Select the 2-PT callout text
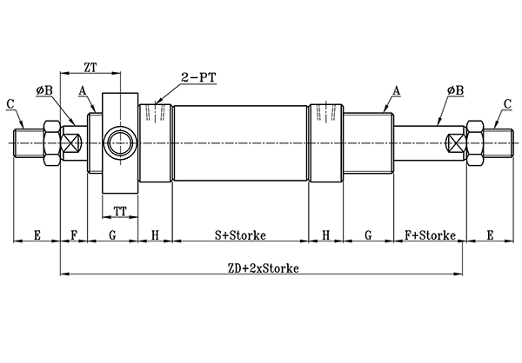(197, 77)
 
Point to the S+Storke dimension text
(240, 235)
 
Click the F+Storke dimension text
(429, 235)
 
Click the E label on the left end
(37, 235)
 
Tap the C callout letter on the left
(10, 104)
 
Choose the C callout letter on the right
(507, 104)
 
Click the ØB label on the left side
(45, 89)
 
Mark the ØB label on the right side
(454, 89)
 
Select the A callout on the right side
(396, 89)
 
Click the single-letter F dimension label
(74, 235)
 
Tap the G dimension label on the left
(112, 235)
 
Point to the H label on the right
(326, 235)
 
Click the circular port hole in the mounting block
(118, 142)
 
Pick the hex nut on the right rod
(478, 142)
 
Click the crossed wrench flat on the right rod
(455, 142)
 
